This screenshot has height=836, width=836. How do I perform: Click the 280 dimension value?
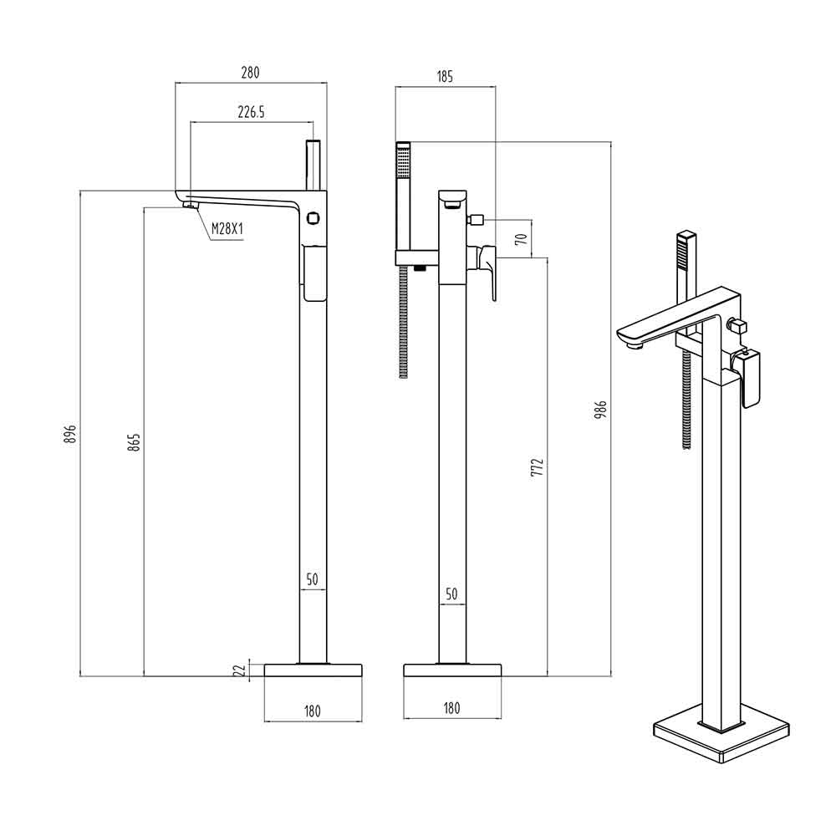coord(250,73)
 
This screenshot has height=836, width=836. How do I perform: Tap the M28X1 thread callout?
coord(226,228)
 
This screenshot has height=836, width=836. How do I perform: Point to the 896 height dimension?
coord(70,433)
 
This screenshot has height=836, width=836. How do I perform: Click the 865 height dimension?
coord(135,442)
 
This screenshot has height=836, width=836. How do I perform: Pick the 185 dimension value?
coord(444,77)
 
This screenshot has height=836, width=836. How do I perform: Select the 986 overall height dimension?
coord(600,409)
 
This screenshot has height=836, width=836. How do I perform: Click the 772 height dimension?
coord(537,467)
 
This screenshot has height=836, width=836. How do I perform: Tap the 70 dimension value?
coord(521,238)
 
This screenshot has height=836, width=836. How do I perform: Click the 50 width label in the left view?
coord(312,579)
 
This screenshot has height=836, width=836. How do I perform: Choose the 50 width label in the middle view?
coord(451,594)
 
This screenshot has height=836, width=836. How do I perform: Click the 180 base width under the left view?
coord(313,711)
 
